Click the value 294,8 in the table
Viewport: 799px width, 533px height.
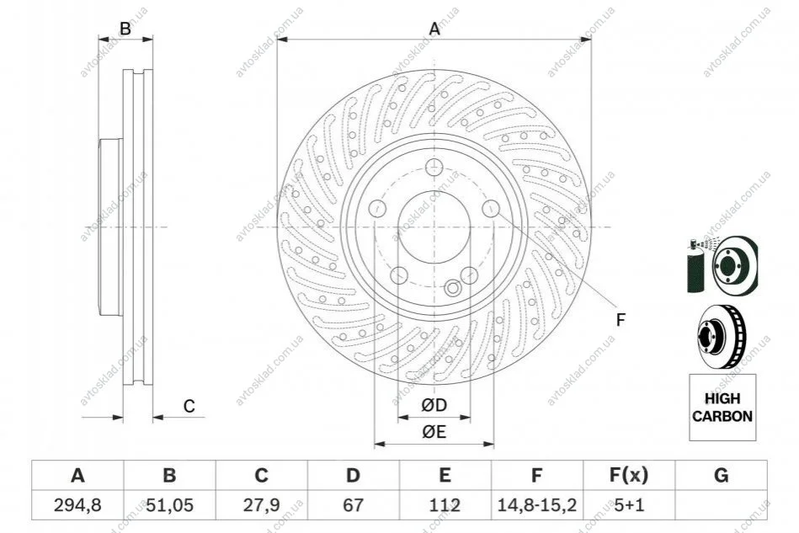point(77,505)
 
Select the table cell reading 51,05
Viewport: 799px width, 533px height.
point(170,505)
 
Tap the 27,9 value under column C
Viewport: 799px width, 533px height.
point(261,505)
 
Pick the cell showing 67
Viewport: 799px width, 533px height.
point(353,505)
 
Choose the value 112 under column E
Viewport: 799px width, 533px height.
point(445,505)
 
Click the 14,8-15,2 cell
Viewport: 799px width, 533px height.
point(536,505)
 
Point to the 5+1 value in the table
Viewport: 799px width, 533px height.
point(629,505)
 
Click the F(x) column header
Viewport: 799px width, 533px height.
point(629,476)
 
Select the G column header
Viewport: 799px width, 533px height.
point(721,476)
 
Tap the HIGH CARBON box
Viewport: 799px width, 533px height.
point(722,408)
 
